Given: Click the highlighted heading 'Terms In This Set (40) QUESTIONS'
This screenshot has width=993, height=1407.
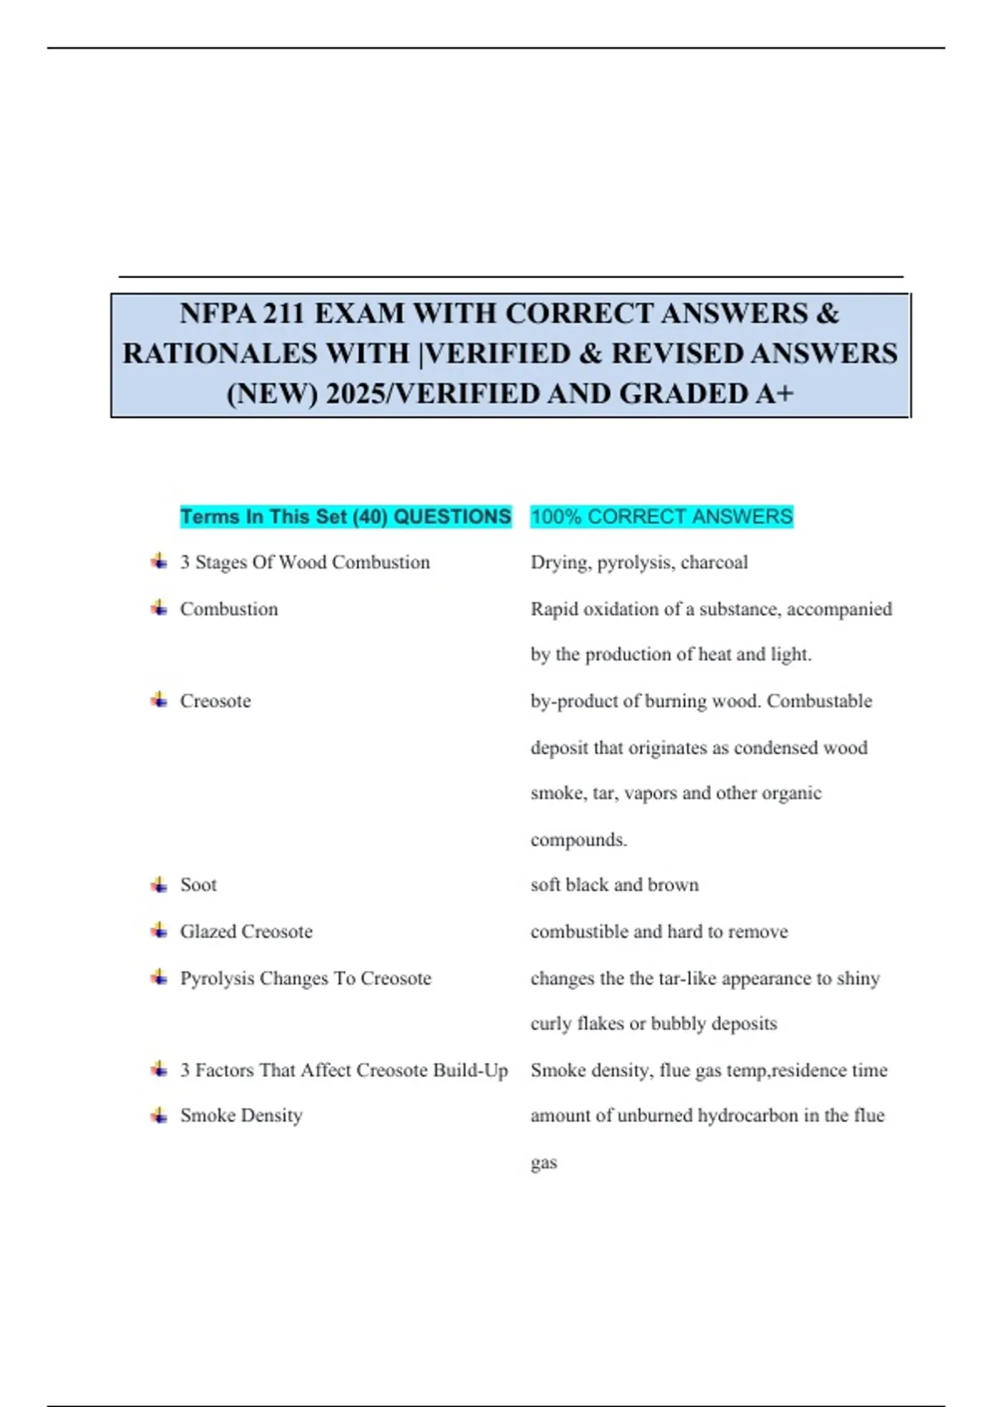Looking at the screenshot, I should [x=346, y=516].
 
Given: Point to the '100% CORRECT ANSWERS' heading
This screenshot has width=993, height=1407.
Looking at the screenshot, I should [x=661, y=516].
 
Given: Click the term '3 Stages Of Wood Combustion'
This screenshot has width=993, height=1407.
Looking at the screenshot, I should [x=305, y=563].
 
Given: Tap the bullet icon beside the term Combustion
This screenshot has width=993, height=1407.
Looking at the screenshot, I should [x=159, y=609].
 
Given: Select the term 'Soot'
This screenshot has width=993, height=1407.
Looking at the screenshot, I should [x=199, y=885].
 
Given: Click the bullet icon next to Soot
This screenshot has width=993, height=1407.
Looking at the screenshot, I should [x=159, y=885].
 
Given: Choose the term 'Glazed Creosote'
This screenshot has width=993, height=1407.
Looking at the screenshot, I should [x=247, y=932].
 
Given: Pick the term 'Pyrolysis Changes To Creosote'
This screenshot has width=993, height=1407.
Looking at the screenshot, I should [x=305, y=978].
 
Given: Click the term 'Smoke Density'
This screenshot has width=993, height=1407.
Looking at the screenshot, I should [x=241, y=1116].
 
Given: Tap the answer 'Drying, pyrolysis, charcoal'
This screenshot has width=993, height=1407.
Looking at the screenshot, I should [x=639, y=563].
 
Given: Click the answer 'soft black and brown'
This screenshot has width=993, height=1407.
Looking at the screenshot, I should [x=614, y=885].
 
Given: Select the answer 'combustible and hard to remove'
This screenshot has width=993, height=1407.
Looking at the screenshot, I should [x=659, y=932].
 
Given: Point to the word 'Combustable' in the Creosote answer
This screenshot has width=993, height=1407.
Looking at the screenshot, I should [x=819, y=701].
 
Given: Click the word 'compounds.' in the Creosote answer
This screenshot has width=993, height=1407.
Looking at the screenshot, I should [x=578, y=840].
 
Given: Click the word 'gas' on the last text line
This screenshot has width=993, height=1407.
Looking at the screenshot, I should [x=544, y=1163].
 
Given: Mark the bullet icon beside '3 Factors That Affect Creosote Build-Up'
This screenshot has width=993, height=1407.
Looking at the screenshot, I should [x=159, y=1070].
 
